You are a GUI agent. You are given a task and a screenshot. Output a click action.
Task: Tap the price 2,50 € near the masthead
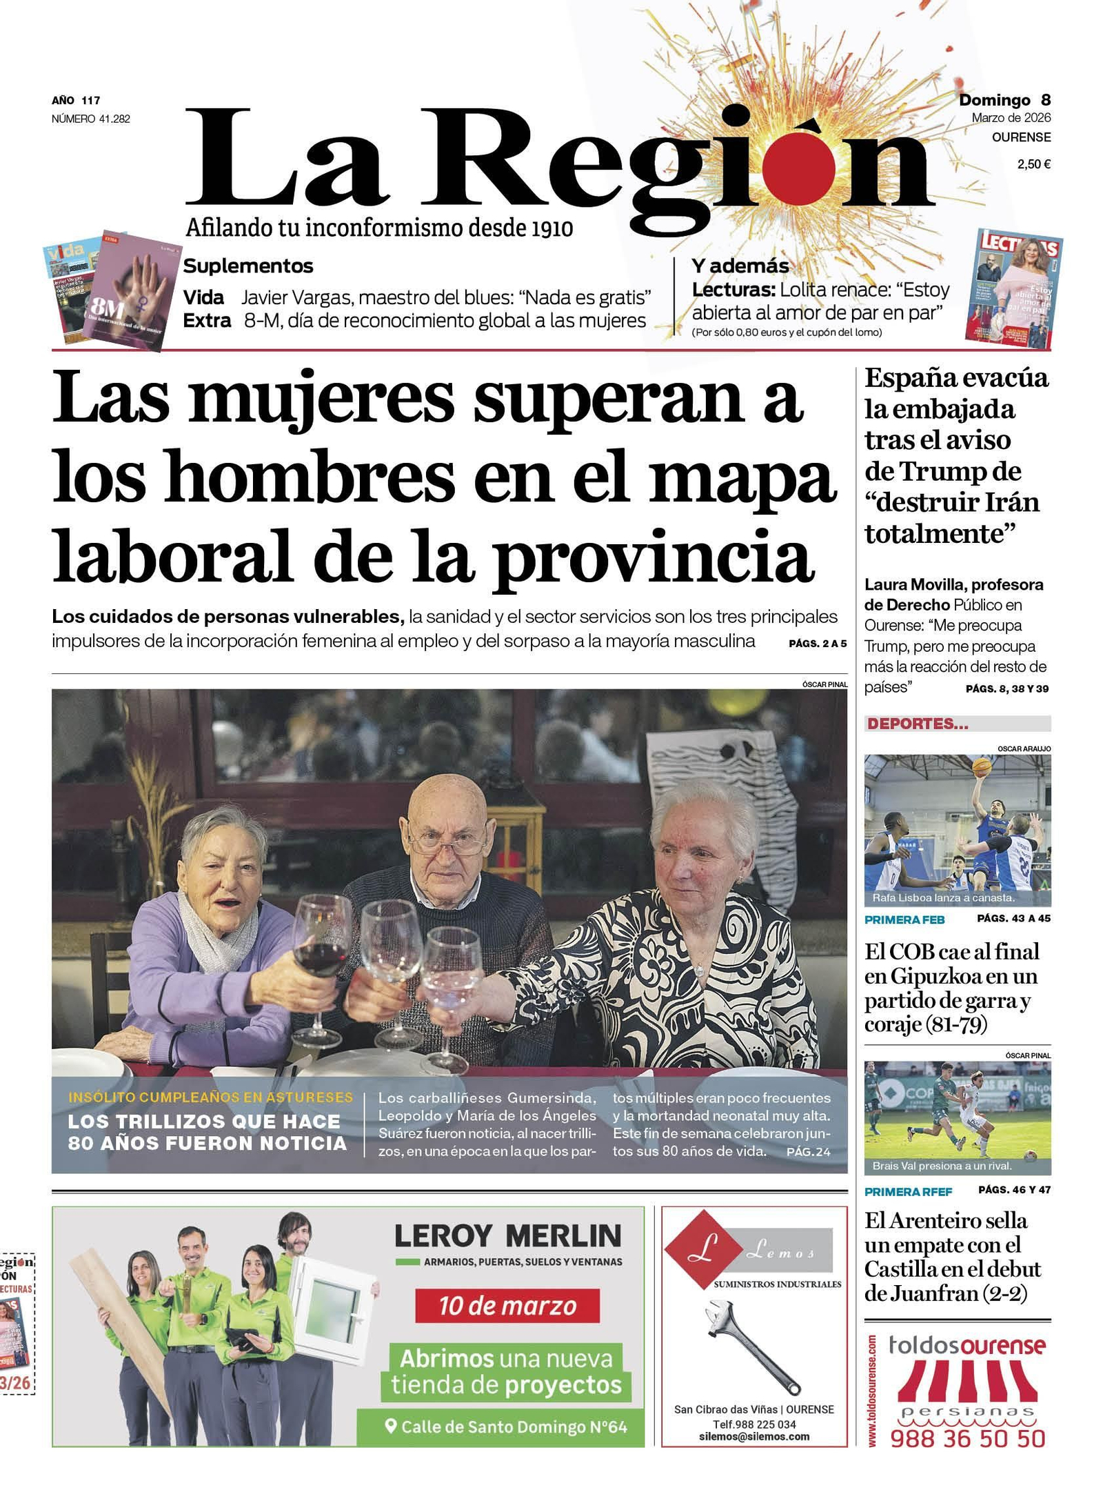pos(1033,164)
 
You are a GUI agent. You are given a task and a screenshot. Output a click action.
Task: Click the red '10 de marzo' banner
pos(507,1306)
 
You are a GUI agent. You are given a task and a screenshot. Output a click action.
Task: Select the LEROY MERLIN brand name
pos(507,1235)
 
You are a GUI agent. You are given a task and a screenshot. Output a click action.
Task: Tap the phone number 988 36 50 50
pos(967,1438)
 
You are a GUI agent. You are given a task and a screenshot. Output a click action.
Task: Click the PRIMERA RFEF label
pos(908,1192)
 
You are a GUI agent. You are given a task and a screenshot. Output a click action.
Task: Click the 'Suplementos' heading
pos(248,266)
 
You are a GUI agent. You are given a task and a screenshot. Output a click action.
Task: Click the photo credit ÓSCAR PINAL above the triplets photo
pos(824,684)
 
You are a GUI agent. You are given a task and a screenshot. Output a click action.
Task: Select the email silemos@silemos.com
pos(753,1436)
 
